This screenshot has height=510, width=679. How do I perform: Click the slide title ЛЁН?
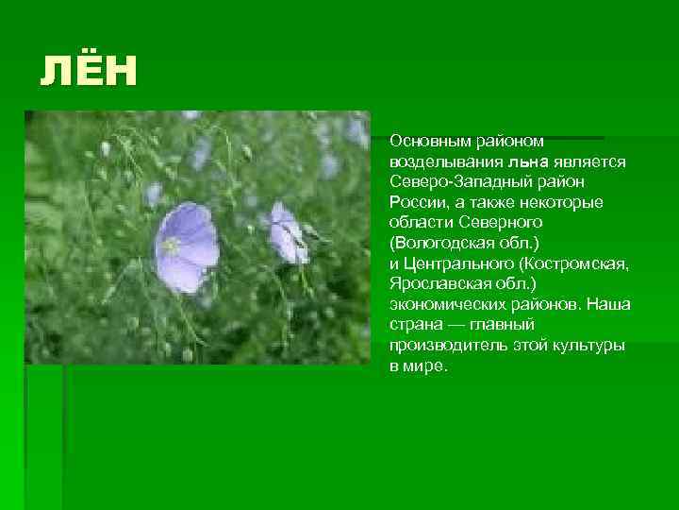click(89, 71)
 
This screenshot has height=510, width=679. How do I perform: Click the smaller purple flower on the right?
click(288, 232)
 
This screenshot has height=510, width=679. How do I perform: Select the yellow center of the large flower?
click(172, 246)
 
